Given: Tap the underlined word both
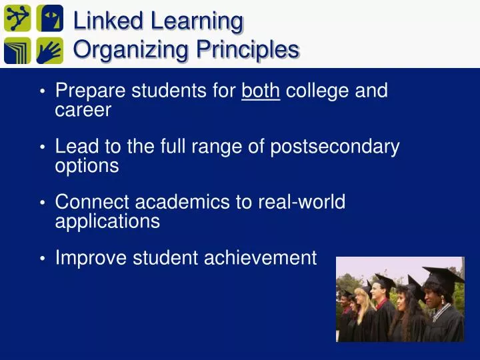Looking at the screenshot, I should pyautogui.click(x=261, y=91).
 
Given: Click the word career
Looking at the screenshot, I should pyautogui.click(x=83, y=110).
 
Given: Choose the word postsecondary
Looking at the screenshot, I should pyautogui.click(x=335, y=147).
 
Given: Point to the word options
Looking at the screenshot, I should pyautogui.click(x=87, y=166).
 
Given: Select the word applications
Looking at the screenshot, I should pyautogui.click(x=107, y=221).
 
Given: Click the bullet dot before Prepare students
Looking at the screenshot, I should pyautogui.click(x=42, y=91).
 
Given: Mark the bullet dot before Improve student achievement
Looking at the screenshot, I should pyautogui.click(x=42, y=258).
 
